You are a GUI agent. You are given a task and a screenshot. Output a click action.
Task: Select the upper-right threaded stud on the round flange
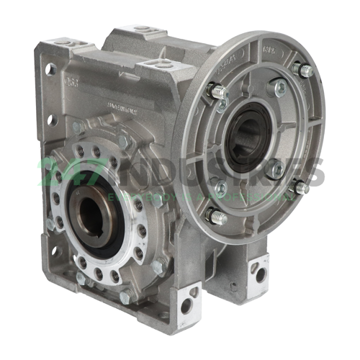pos(304,70)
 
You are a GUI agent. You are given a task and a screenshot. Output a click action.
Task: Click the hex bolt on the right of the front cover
pos(156,267)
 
